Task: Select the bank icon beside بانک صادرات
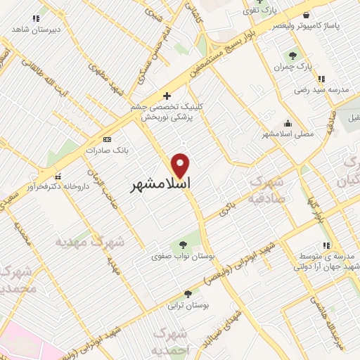[107, 139]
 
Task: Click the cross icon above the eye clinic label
[167, 96]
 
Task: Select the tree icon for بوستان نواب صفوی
[183, 245]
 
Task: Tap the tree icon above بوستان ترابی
[187, 294]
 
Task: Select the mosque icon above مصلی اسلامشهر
[288, 122]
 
